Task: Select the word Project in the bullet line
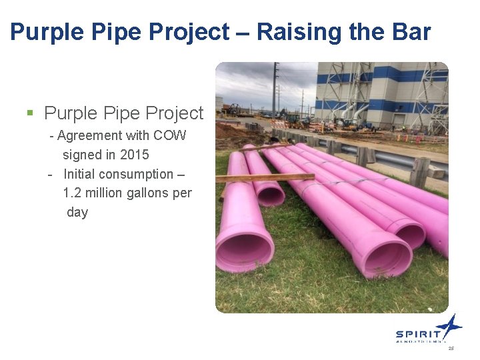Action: point(170,113)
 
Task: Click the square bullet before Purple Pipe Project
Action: point(29,113)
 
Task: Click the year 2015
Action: point(135,155)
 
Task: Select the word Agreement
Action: point(90,135)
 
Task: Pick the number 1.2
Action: point(73,193)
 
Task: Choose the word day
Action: point(77,213)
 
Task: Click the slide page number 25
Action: point(451,349)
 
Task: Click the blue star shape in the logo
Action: point(449,326)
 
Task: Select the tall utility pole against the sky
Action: point(274,90)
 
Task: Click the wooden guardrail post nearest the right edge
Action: point(419,171)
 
